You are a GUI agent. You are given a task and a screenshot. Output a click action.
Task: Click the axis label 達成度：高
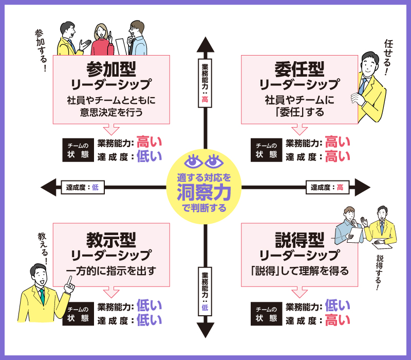point(327,188)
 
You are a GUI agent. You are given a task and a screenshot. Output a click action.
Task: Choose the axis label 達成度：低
point(82,188)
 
